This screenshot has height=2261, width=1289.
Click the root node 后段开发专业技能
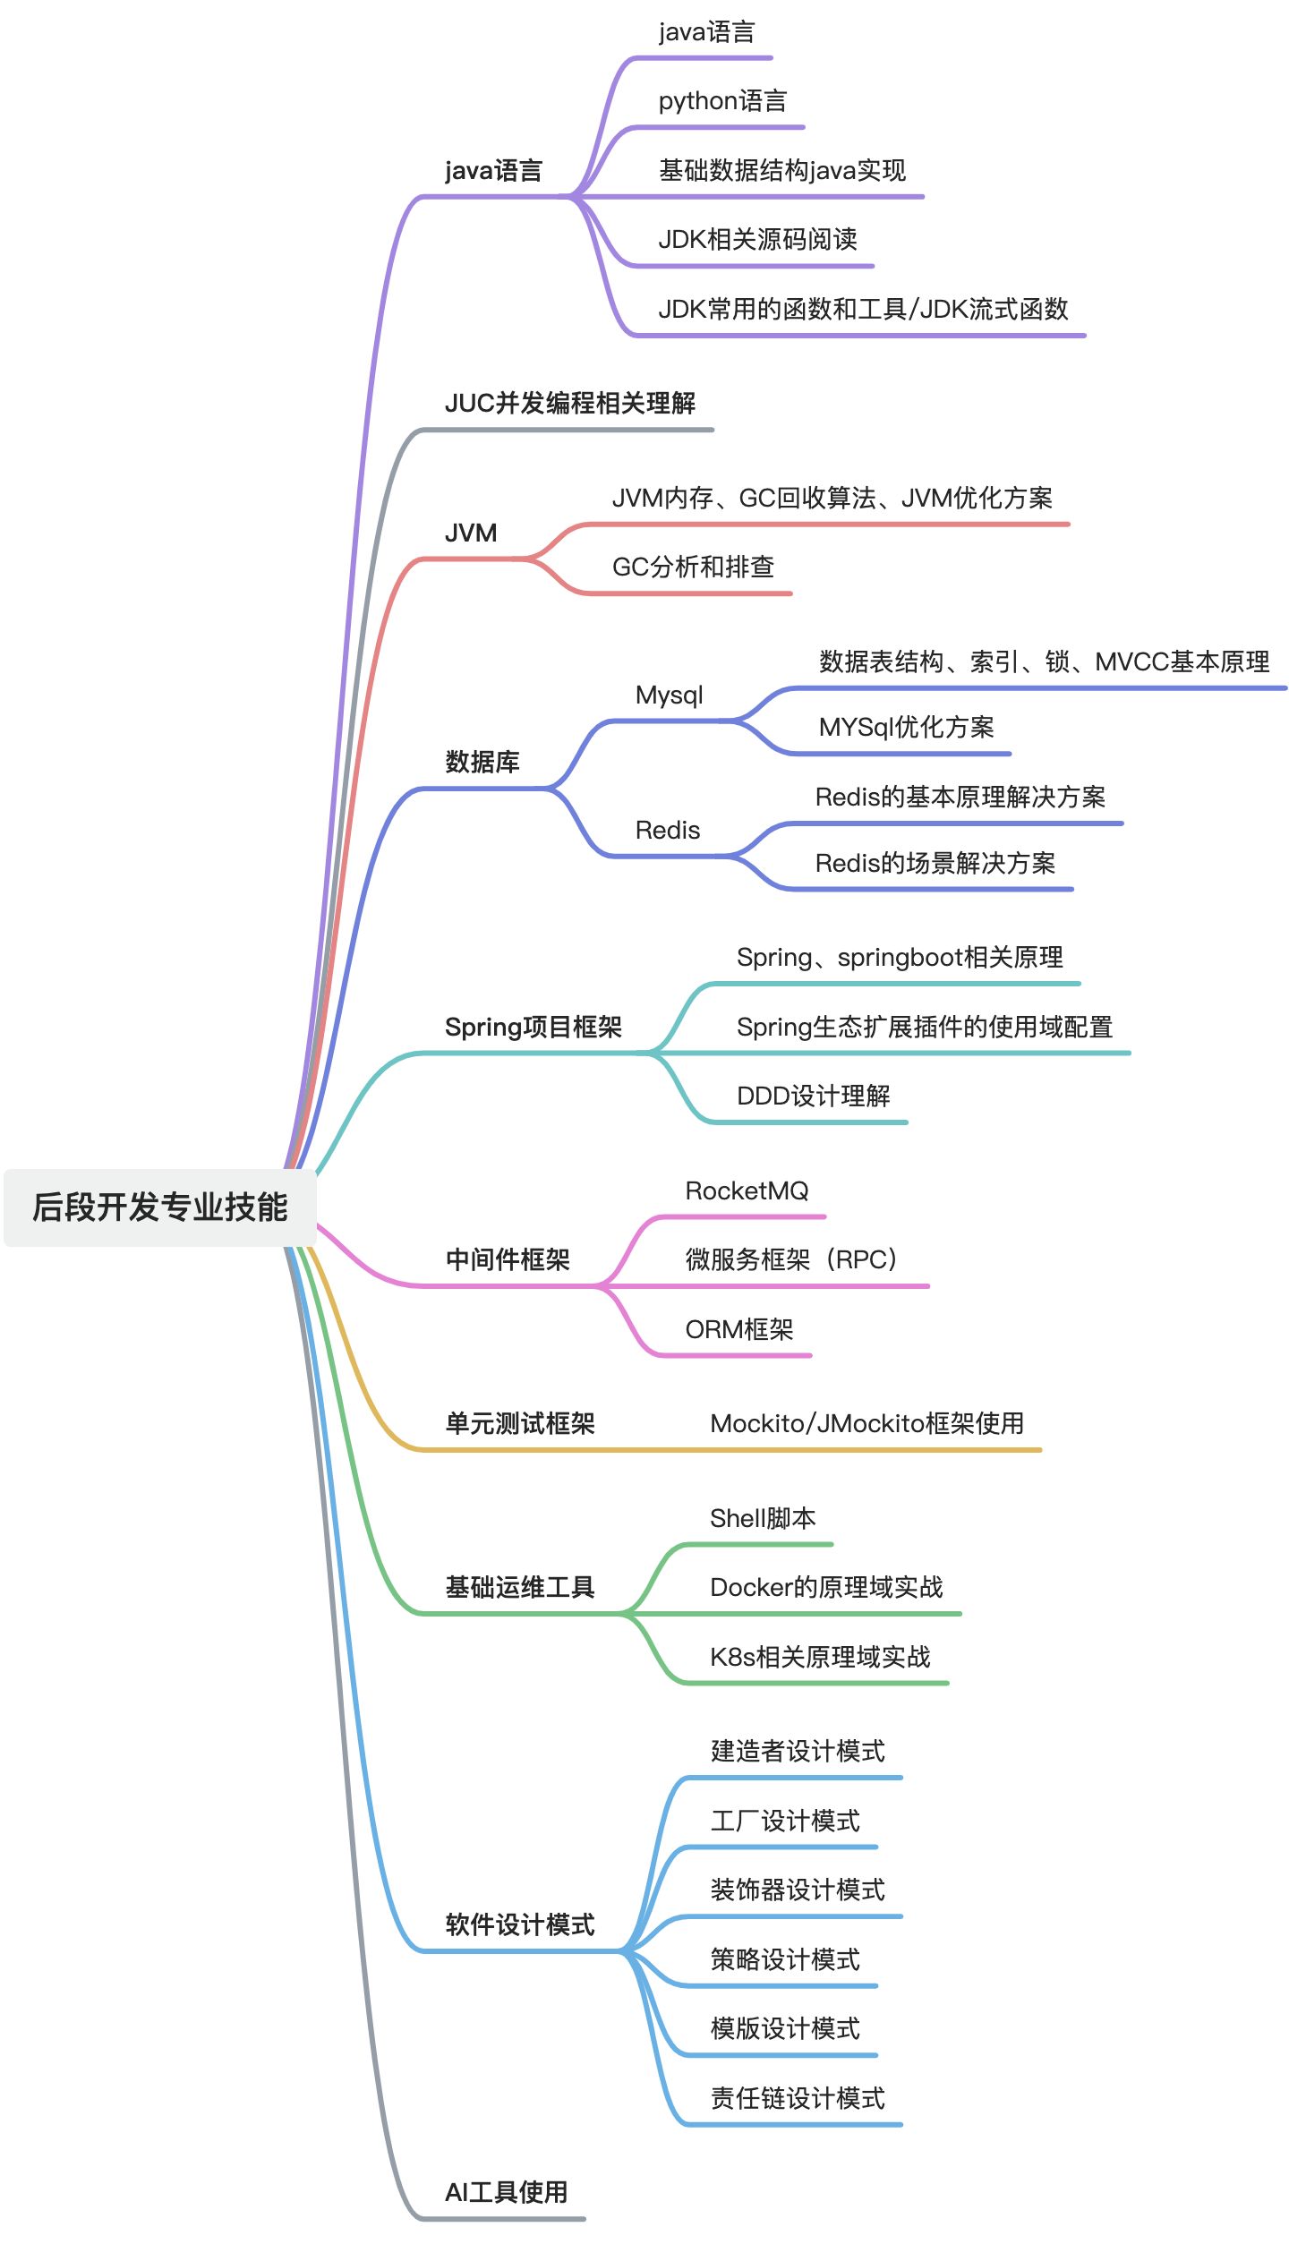tap(159, 1207)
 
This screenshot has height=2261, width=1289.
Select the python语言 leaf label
tap(722, 101)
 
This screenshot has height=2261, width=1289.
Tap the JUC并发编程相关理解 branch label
tap(570, 404)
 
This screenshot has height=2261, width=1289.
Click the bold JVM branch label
tap(471, 533)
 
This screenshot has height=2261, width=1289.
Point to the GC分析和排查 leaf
tap(693, 567)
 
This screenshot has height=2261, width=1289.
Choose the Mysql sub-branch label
tap(669, 695)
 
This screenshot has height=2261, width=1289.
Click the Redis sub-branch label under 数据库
tap(668, 831)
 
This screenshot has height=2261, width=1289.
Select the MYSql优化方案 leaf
tap(906, 727)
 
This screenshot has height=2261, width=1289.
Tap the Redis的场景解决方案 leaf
tap(935, 863)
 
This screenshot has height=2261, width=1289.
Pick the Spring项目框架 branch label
tap(534, 1027)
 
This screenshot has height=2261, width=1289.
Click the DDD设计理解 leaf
tap(813, 1096)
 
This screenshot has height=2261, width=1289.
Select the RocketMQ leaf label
tap(747, 1190)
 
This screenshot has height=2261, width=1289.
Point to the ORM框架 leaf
tap(739, 1329)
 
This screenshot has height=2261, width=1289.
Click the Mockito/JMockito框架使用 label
tap(866, 1423)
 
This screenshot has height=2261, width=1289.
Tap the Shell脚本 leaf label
tap(763, 1518)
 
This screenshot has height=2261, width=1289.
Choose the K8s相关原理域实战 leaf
tap(820, 1657)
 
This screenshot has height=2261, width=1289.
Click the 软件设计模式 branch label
tap(520, 1924)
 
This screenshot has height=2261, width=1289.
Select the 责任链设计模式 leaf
tap(798, 2098)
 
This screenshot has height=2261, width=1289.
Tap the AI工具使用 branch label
tap(507, 2192)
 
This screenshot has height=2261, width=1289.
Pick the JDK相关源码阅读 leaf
tap(757, 239)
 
